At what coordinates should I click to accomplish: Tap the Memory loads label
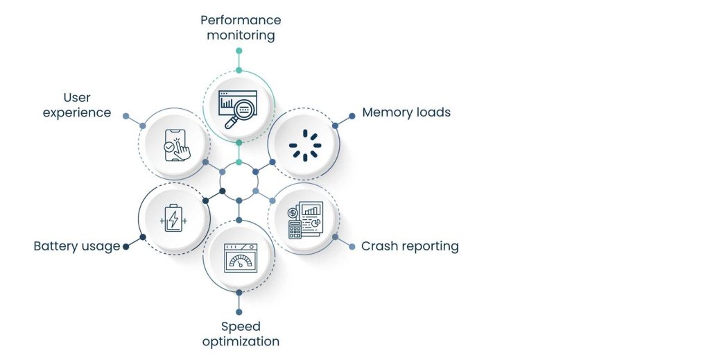(406, 112)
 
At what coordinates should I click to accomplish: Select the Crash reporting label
(409, 246)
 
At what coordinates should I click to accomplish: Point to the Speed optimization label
(240, 334)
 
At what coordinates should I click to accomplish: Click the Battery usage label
(76, 246)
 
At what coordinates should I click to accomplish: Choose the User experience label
(77, 105)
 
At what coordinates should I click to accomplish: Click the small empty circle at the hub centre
(239, 182)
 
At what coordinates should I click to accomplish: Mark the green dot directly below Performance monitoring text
(239, 51)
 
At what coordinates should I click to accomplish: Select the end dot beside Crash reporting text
(352, 246)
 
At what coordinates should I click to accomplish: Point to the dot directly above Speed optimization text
(239, 312)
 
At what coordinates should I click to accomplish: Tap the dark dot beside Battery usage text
(125, 246)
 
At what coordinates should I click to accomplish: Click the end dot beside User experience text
(125, 116)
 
